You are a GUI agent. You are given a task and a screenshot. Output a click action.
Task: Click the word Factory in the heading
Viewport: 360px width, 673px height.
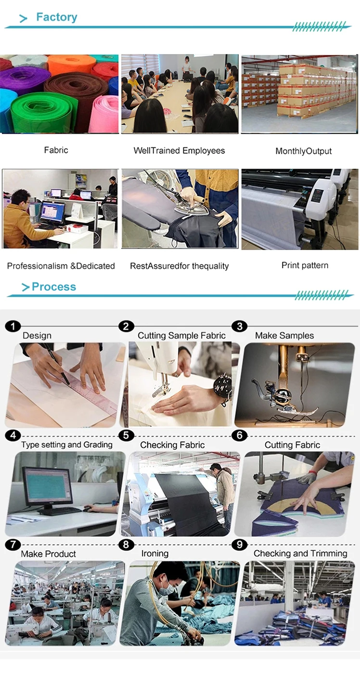(x=56, y=17)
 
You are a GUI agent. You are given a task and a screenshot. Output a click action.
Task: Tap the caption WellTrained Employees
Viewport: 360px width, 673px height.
(x=179, y=151)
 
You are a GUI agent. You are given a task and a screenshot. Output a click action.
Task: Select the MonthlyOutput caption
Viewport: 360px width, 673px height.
(x=304, y=151)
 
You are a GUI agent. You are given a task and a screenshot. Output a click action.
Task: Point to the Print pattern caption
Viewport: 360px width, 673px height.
(x=305, y=265)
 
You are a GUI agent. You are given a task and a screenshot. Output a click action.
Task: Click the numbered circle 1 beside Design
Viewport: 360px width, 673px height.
(x=13, y=326)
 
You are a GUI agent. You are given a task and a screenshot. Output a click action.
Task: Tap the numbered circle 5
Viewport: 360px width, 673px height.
(x=126, y=435)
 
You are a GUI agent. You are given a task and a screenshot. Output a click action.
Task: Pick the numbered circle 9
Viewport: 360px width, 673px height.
(x=240, y=545)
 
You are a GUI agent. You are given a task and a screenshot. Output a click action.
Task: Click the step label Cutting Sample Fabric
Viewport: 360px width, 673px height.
(x=181, y=335)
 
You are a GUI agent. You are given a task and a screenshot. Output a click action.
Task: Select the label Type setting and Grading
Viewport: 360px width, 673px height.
(x=67, y=444)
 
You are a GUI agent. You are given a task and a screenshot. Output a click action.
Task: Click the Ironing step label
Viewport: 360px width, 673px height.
(x=155, y=553)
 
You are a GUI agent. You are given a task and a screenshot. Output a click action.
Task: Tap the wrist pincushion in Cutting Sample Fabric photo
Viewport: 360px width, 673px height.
(x=223, y=387)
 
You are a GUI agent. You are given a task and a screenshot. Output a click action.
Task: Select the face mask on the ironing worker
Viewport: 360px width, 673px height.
(x=166, y=589)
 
